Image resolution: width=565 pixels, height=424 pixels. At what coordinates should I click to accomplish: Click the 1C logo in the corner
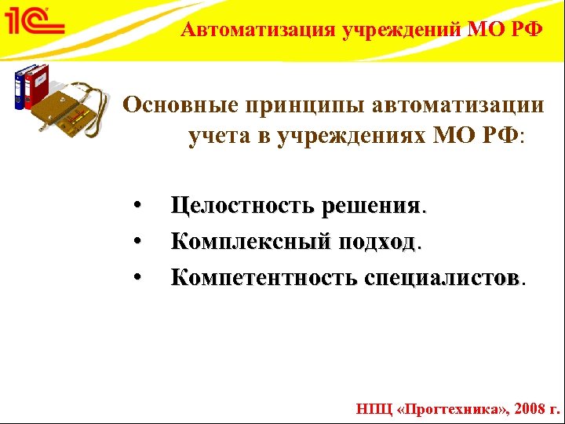click(x=35, y=21)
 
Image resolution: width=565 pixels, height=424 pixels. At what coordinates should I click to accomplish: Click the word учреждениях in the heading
click(x=356, y=137)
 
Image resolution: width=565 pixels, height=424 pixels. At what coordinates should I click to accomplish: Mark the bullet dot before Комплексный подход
click(x=137, y=241)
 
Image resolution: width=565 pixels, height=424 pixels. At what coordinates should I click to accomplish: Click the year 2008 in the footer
click(x=523, y=408)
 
